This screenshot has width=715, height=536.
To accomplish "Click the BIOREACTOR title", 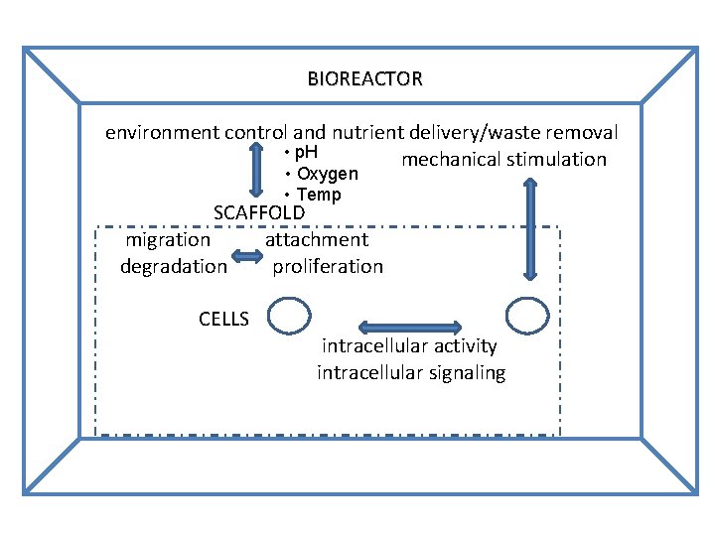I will (364, 78).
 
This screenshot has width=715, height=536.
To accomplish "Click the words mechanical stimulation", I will (503, 160).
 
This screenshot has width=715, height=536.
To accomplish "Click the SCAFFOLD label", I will (259, 212).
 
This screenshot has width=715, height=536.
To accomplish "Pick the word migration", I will (168, 239).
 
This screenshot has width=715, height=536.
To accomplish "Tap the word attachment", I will (317, 239).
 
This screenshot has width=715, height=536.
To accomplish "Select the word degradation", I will (174, 266).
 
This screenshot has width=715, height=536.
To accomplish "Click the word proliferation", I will (328, 266).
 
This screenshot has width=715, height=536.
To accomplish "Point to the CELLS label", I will (224, 319).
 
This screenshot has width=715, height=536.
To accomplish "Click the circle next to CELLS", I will (289, 317).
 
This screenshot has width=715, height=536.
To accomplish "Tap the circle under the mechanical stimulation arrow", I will (526, 316).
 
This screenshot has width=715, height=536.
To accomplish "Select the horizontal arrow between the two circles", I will (409, 328).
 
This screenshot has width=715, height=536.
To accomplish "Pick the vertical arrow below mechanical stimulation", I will (528, 229).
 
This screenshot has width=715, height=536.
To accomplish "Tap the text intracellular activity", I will (409, 346).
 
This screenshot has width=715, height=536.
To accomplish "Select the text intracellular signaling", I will (411, 373).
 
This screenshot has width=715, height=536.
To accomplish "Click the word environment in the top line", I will (163, 132).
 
